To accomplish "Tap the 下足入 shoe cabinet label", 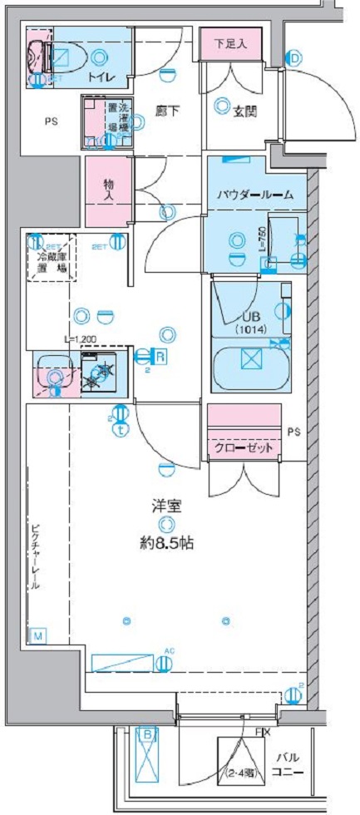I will coord(230,43).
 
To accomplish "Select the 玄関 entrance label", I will coord(244,111).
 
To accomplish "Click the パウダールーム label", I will coord(255,194).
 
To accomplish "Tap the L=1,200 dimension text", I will coord(81,340).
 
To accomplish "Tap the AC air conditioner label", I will coord(169,650).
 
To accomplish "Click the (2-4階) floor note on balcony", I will coord(240,771).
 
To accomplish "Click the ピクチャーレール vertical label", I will coord(35,556).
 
